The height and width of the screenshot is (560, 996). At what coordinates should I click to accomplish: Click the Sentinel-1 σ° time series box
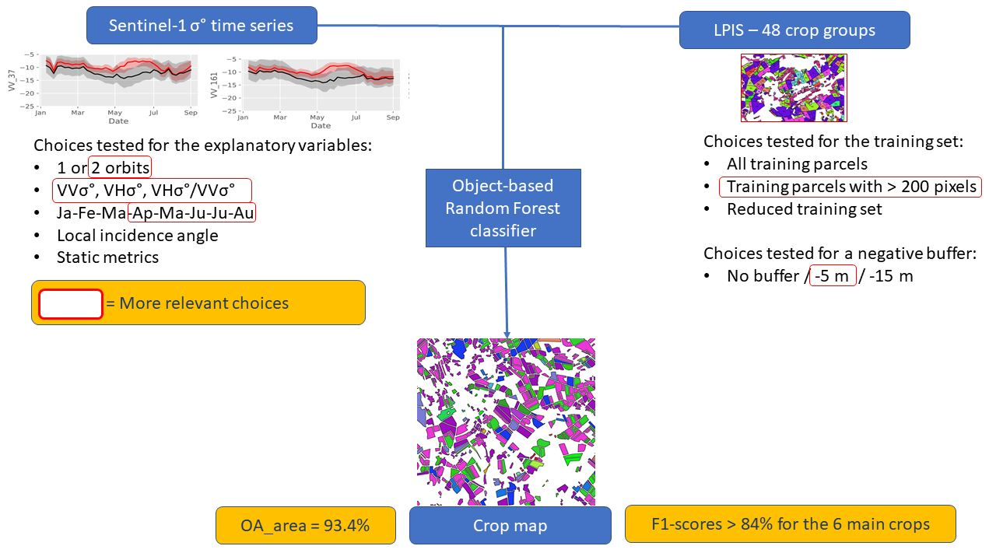[201, 26]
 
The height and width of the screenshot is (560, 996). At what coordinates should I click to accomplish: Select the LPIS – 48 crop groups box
[794, 30]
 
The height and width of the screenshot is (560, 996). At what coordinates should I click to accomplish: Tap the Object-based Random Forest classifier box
[503, 208]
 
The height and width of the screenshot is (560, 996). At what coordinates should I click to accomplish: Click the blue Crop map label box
[510, 526]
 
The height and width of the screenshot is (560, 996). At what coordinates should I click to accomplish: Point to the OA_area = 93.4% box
[305, 526]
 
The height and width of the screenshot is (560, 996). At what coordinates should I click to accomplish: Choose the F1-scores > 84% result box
[790, 523]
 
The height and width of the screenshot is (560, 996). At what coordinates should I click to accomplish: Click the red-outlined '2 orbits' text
[121, 168]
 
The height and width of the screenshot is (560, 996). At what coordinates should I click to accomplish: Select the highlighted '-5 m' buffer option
[833, 275]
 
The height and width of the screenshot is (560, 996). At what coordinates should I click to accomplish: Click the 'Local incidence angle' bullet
[137, 235]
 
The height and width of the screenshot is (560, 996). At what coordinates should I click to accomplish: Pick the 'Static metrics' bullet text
[107, 257]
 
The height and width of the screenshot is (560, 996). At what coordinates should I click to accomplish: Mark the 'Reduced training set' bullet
[805, 209]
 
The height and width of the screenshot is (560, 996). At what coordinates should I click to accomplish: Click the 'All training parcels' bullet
[797, 164]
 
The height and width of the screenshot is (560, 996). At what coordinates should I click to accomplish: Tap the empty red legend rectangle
[71, 303]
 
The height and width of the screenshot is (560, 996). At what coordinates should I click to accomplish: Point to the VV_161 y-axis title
[213, 86]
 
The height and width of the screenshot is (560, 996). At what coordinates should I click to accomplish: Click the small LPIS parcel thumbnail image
[793, 88]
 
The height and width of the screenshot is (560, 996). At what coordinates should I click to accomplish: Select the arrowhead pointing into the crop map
[507, 332]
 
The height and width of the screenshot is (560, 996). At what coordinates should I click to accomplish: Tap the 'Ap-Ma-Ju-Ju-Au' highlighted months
[193, 212]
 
